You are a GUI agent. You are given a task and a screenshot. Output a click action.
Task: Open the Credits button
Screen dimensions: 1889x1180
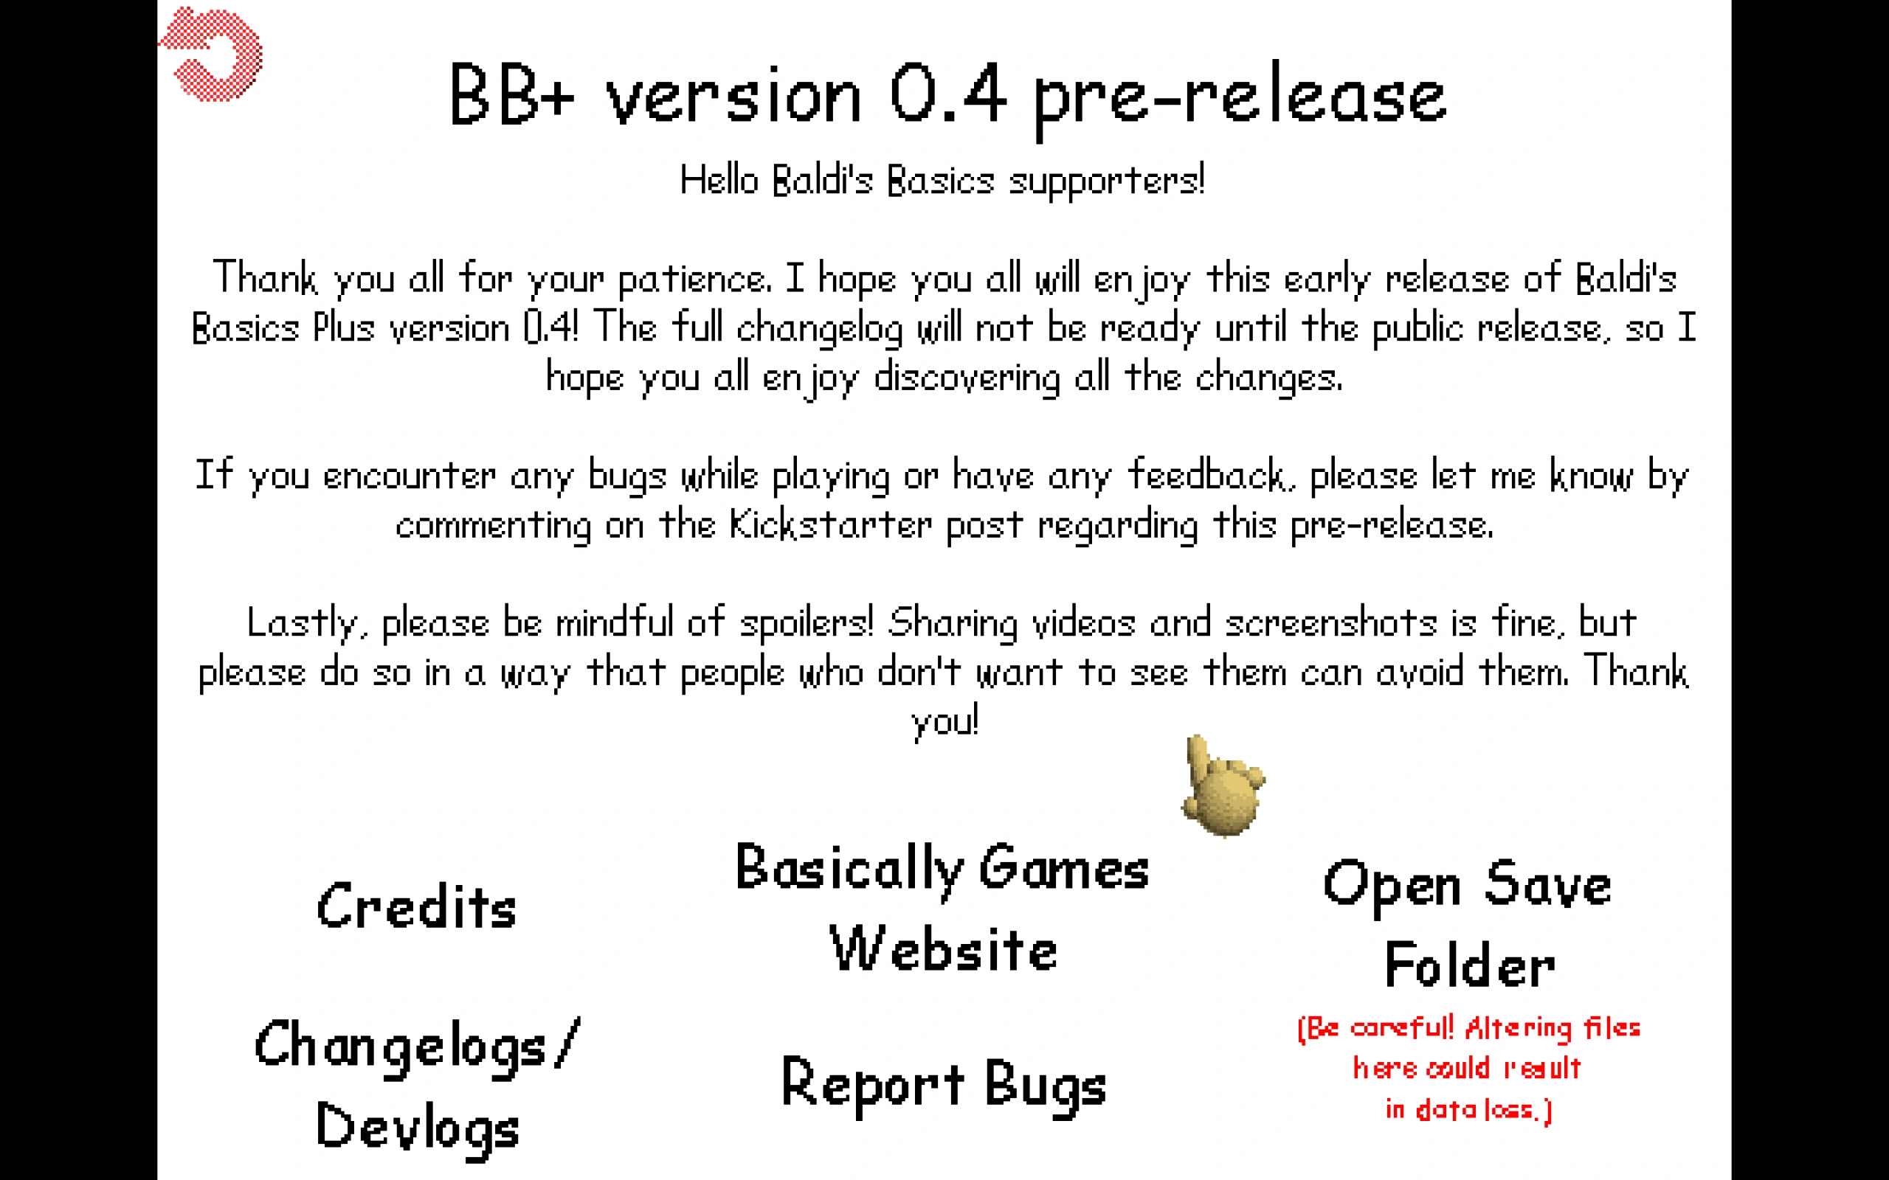pos(416,906)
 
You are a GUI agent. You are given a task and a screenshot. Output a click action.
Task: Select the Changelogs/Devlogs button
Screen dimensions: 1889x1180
pos(418,1086)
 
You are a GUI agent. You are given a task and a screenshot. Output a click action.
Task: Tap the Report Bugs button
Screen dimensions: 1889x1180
pos(944,1085)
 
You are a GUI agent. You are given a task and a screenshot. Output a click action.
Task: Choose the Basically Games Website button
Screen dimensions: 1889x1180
pos(942,907)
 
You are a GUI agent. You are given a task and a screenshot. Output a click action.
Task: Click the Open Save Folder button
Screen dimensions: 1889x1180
pos(1468,923)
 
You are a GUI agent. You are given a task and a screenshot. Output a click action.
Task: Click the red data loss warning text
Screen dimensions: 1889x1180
pos(1468,1069)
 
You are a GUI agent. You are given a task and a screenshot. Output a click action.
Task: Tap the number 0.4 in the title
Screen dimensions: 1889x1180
pos(947,95)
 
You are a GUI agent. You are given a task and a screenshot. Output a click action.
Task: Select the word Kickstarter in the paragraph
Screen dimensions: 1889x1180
pos(831,524)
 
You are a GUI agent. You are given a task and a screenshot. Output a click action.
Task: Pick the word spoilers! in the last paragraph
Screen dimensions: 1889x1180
pos(807,622)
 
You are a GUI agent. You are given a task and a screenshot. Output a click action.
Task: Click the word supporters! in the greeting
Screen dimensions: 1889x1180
pos(1107,180)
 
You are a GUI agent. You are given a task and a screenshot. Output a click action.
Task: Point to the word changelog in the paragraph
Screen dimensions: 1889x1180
pos(820,327)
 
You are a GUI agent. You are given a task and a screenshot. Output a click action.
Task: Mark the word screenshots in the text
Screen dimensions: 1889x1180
pos(1331,622)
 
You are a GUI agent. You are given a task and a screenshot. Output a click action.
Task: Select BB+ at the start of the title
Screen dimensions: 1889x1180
pos(512,94)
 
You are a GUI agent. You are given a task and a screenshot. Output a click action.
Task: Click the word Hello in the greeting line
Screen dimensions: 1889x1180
pos(719,179)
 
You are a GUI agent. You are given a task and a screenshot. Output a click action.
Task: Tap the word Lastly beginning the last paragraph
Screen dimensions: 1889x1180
pos(306,622)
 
